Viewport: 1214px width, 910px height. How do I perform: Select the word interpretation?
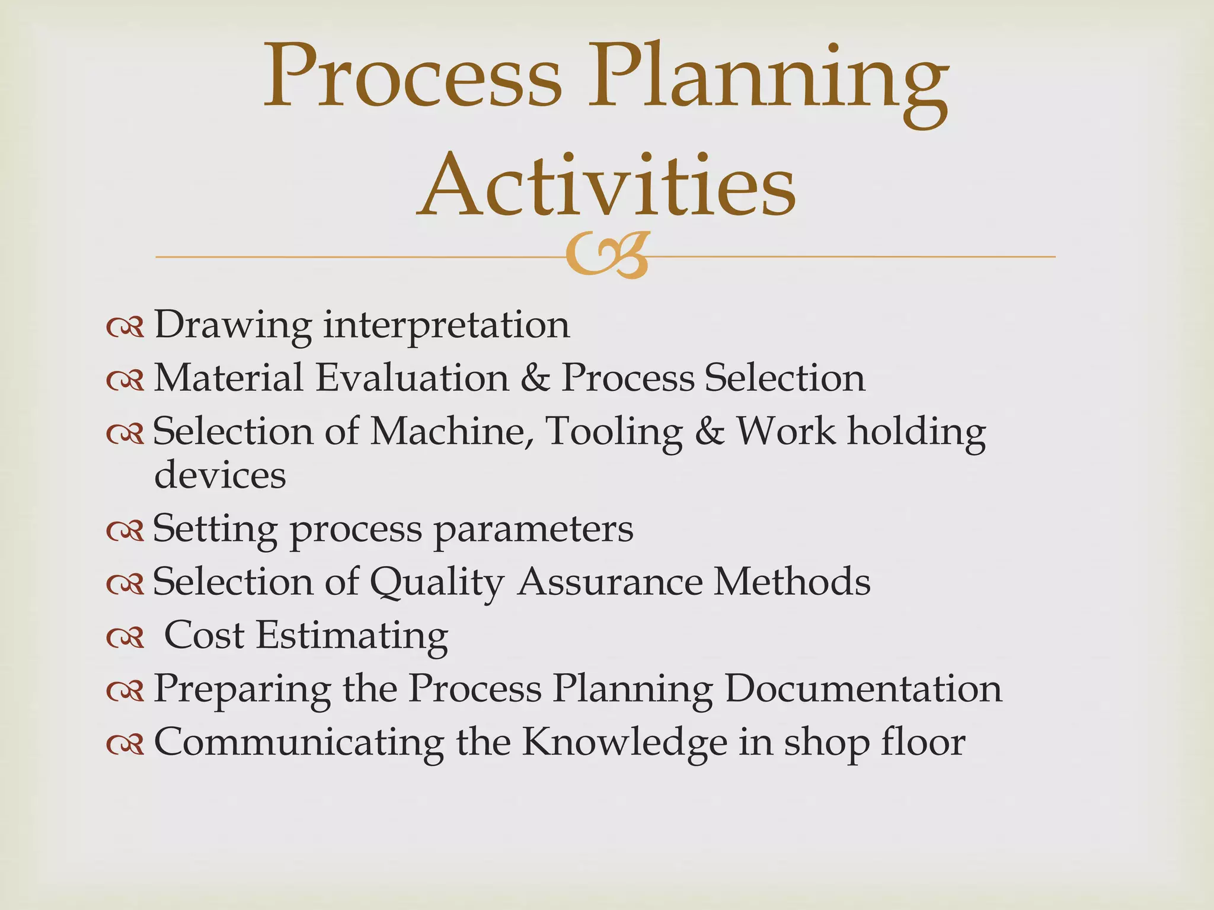coord(446,325)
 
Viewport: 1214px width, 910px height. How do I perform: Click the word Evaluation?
coord(412,377)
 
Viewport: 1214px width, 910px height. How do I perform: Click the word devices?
coord(220,475)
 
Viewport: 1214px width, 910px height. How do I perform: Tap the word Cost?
coord(204,635)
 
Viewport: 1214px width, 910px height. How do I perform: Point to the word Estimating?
coord(352,636)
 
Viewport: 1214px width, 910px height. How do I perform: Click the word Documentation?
coord(863,688)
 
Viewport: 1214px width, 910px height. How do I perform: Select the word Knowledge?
coord(624,742)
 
